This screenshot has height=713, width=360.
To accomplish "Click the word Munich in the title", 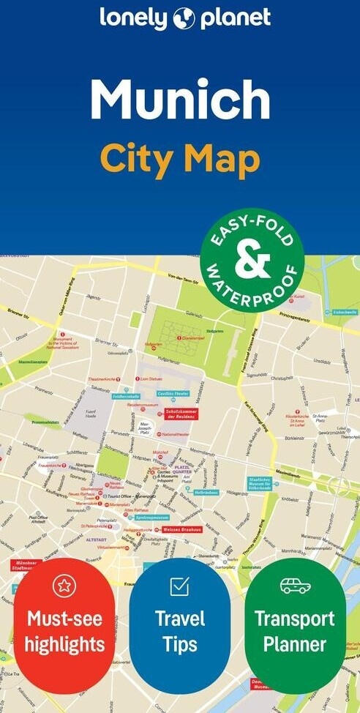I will (180, 100).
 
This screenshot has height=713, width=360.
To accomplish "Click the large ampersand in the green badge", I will (252, 260).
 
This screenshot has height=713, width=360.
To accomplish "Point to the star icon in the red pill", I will (64, 586).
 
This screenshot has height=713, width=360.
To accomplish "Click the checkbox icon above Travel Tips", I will (179, 586).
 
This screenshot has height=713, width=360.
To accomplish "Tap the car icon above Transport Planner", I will (295, 586).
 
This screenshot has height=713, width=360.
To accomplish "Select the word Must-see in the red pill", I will (64, 619).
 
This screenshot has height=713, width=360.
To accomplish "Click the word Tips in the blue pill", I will (179, 644).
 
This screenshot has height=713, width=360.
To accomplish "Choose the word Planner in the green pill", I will (295, 644).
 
